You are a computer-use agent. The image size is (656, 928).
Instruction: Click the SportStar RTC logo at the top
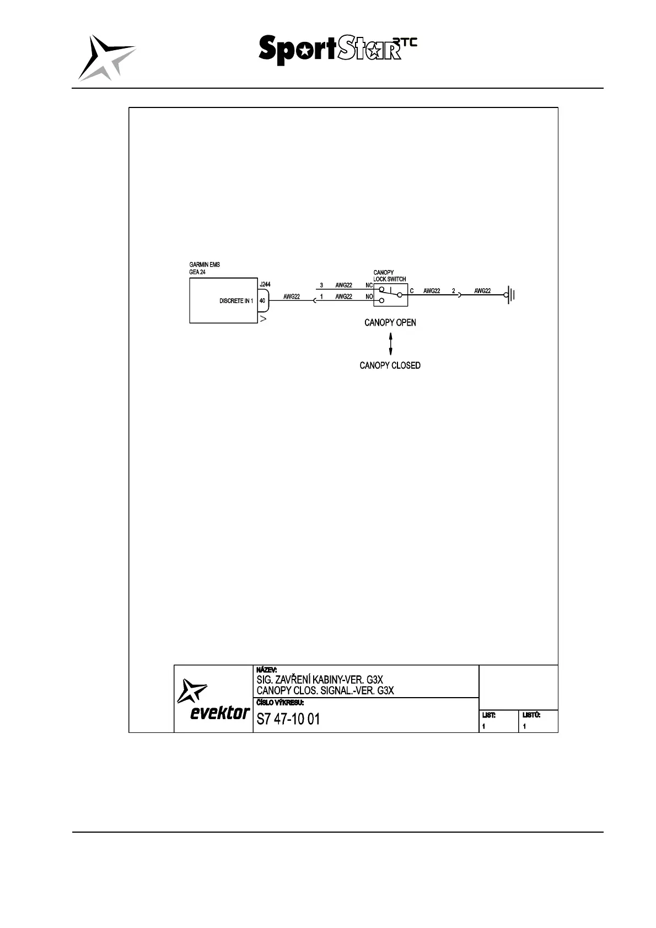(337, 50)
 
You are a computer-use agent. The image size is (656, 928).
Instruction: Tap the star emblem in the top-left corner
(106, 57)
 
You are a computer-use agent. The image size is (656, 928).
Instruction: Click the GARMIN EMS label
(205, 265)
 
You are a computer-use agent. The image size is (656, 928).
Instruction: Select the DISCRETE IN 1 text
(236, 301)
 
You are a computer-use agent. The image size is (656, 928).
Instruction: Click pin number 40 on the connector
(262, 301)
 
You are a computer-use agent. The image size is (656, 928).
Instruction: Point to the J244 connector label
(265, 284)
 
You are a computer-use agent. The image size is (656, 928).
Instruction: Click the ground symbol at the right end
(510, 296)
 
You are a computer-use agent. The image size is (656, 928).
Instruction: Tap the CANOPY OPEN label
(390, 322)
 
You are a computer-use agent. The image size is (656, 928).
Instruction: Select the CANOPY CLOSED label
(390, 365)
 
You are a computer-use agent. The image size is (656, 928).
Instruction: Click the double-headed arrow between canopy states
(390, 344)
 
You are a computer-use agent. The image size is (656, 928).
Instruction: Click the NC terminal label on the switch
(369, 285)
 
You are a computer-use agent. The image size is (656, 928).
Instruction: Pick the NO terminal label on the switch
(369, 297)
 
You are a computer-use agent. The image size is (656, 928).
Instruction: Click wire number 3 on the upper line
(321, 285)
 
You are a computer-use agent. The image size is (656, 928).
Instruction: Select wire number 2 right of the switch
(454, 291)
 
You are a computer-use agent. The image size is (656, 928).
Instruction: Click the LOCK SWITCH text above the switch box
(389, 279)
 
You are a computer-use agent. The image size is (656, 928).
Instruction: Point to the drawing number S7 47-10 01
(288, 719)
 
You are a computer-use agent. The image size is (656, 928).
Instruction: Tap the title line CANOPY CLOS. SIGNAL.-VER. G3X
(325, 690)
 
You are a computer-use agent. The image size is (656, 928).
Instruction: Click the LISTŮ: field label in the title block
(531, 715)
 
